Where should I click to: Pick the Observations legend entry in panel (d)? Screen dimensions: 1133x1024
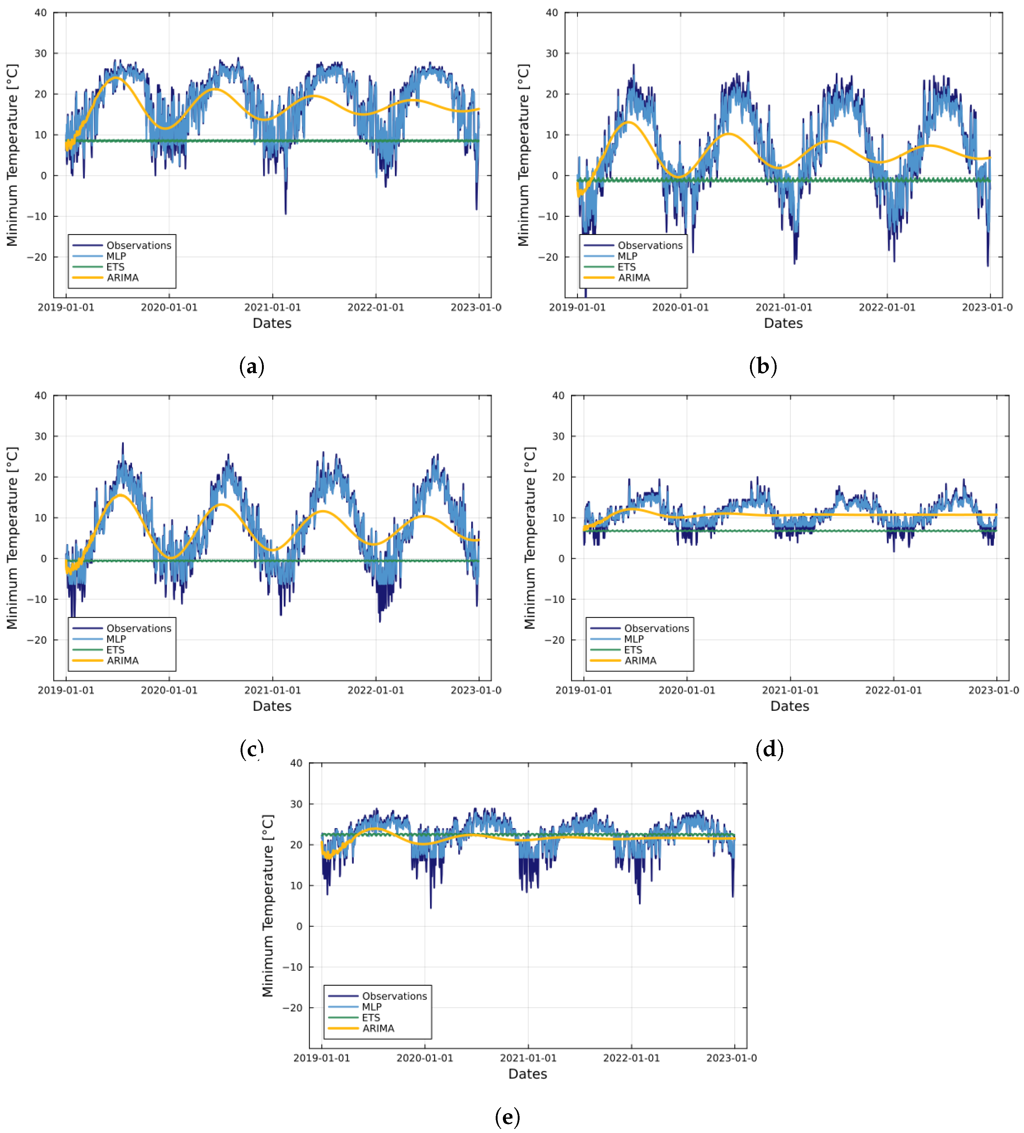656,628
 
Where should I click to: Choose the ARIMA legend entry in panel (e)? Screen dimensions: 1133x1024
378,1028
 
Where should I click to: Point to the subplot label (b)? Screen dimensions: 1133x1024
763,366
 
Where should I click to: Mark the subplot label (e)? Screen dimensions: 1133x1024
507,1117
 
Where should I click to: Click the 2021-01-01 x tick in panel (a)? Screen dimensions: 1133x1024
273,307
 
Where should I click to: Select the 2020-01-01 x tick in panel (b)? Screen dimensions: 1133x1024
680,307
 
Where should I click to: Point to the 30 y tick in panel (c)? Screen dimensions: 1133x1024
40,436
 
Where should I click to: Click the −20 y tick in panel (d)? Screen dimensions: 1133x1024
553,640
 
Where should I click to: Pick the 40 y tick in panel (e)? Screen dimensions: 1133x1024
296,763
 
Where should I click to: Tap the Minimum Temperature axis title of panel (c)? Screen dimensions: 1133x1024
12,538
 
